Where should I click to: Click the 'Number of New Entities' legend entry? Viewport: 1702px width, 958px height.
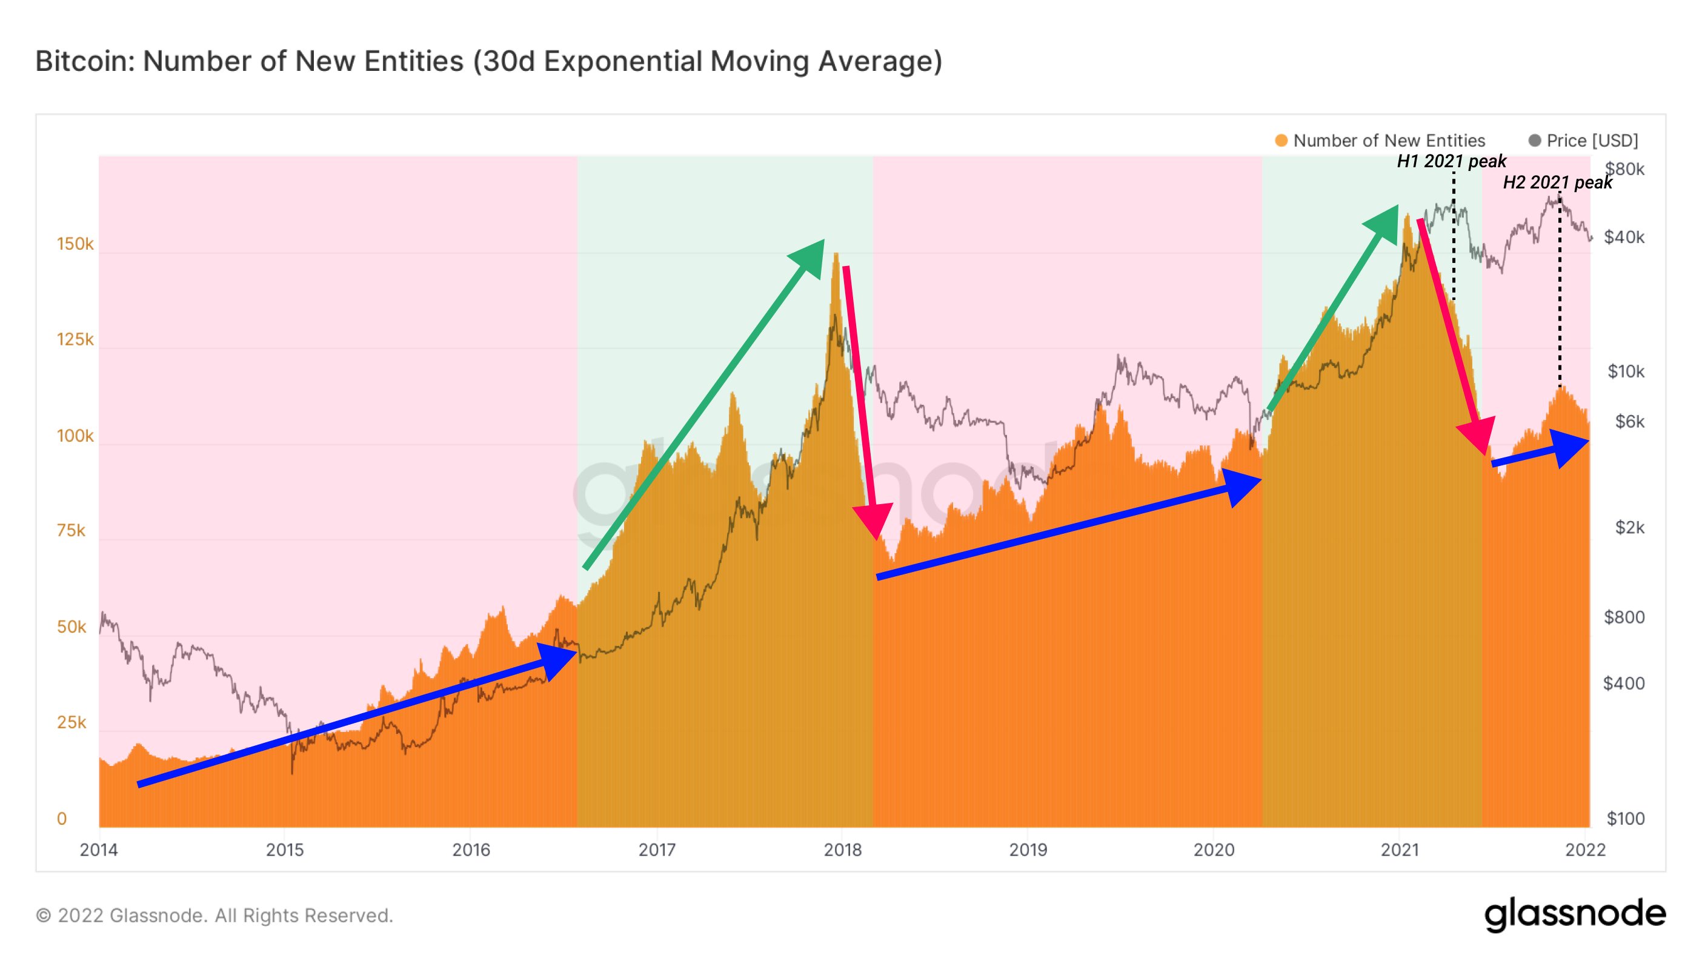click(1388, 141)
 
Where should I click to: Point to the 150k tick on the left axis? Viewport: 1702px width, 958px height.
click(75, 244)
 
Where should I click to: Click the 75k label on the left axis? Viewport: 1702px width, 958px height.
click(71, 531)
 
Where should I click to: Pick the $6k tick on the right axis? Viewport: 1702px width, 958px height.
click(1629, 422)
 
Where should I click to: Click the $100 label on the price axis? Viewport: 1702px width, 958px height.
click(1626, 819)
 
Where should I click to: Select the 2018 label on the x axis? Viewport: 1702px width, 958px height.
click(842, 850)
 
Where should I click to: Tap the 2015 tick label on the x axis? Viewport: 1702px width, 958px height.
click(285, 850)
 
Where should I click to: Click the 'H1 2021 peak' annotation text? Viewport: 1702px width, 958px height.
click(1451, 161)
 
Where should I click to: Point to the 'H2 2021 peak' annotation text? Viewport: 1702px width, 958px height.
click(1557, 182)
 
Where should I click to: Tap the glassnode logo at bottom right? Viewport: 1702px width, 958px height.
click(1575, 914)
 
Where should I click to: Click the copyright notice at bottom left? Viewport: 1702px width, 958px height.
click(214, 916)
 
